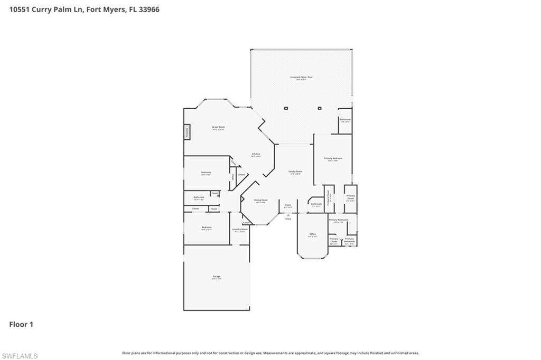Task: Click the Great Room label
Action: (x=218, y=127)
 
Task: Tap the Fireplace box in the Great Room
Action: (x=187, y=132)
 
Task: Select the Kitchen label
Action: (x=256, y=154)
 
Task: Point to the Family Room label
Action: (x=295, y=172)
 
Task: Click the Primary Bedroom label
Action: (x=333, y=158)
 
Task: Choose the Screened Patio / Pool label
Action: (x=301, y=78)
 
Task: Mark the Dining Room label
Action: (x=261, y=201)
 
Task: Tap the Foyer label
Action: (x=288, y=205)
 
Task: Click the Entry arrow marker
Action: (x=288, y=215)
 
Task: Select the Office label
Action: (x=313, y=234)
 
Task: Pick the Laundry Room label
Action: (x=240, y=230)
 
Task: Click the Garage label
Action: (x=217, y=277)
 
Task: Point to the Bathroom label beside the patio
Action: (x=345, y=120)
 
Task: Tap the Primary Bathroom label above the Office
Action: (x=338, y=220)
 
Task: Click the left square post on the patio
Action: (x=286, y=108)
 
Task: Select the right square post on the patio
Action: (x=320, y=108)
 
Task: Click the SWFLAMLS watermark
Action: (x=20, y=356)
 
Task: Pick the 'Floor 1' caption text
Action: (x=21, y=325)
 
